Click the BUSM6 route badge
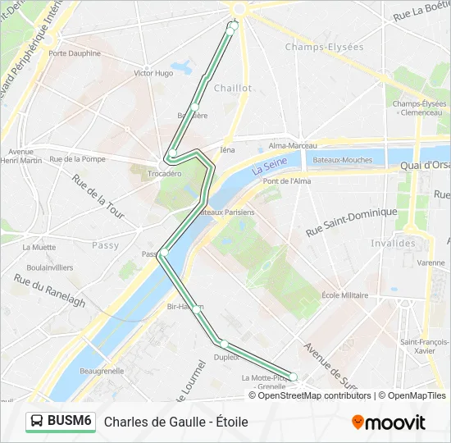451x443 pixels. (60, 421)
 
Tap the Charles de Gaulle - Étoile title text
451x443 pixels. (175, 422)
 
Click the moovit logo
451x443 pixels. (389, 422)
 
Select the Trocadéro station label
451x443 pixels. (165, 174)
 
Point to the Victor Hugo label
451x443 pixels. (153, 73)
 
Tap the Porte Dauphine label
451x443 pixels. (75, 53)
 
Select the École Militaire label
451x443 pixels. (344, 295)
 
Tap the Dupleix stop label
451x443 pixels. (226, 357)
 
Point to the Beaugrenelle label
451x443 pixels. (102, 371)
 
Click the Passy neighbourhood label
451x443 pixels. (105, 244)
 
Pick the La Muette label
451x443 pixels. (39, 246)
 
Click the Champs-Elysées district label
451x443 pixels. (324, 47)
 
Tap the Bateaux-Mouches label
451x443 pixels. (342, 160)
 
